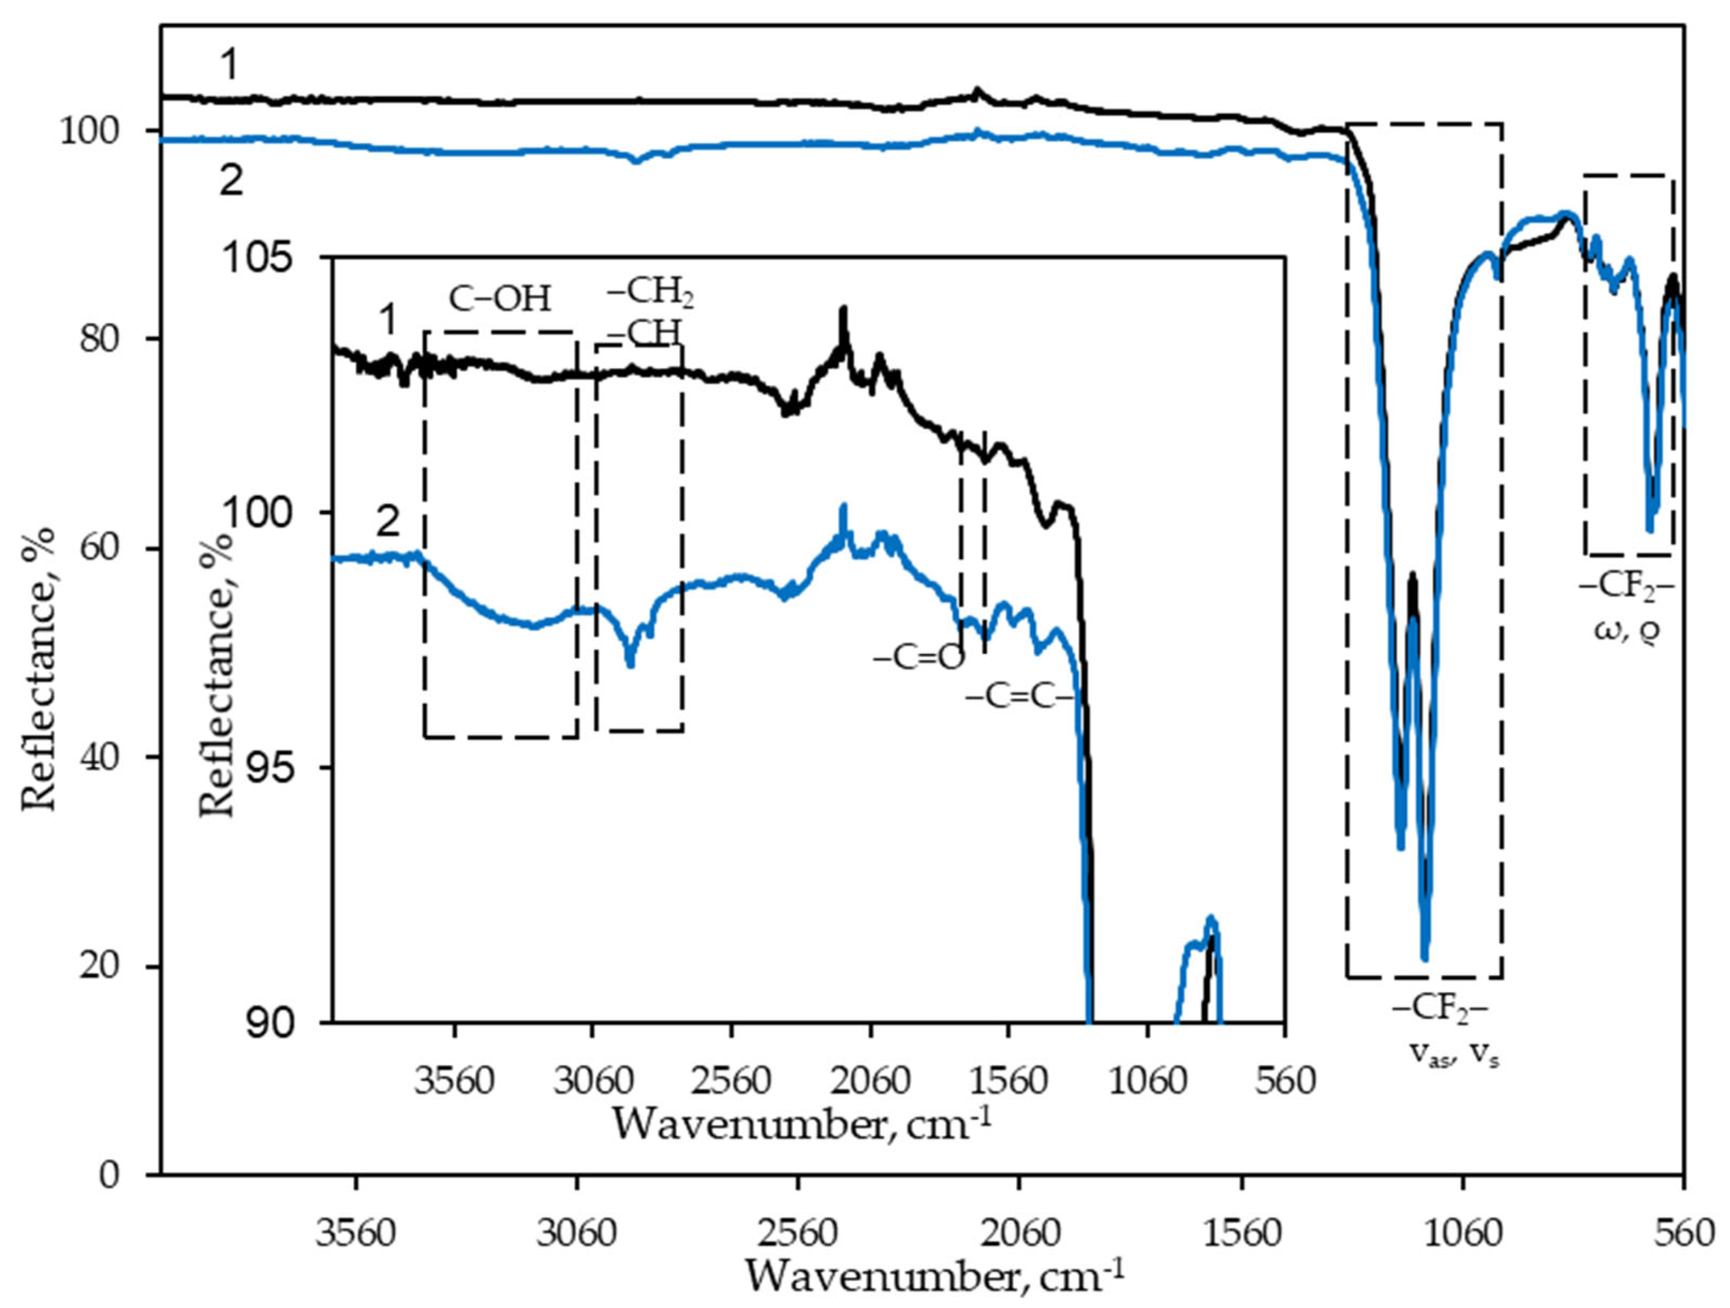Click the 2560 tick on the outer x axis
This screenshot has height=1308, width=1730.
pos(798,1234)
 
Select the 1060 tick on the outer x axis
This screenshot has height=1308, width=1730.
pos(1462,1234)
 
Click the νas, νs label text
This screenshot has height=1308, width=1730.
pos(1454,1056)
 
